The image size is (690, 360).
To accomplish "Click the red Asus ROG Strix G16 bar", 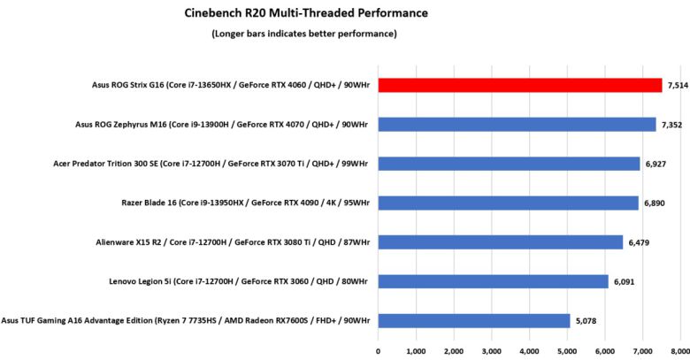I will coord(520,85).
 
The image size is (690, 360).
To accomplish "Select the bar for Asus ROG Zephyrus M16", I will coord(517,125).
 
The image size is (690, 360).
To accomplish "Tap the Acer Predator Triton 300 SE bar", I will coord(509,164).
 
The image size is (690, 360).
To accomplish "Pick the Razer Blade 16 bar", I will coord(508,203).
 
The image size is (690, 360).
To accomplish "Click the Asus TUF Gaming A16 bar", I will coord(474,320).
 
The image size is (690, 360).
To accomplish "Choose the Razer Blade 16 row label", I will coord(244,203).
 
